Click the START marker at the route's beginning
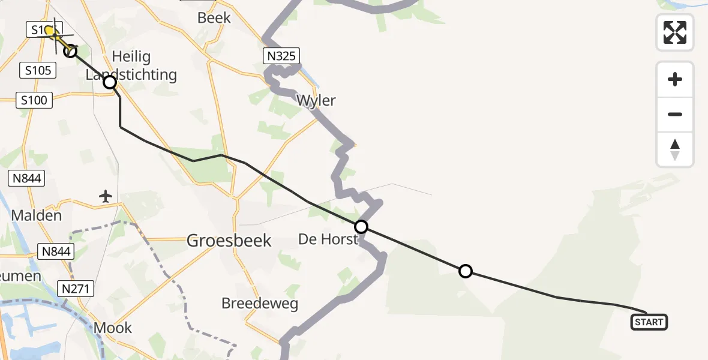[649, 322]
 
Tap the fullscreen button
[675, 32]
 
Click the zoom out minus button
[675, 114]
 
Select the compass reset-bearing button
[675, 149]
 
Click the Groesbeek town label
[229, 241]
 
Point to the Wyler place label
[316, 100]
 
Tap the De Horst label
[328, 240]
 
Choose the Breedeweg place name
[260, 303]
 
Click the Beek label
[214, 18]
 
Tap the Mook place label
[113, 328]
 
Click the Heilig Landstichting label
[132, 66]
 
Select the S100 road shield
[34, 100]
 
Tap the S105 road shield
[37, 71]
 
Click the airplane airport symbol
[106, 196]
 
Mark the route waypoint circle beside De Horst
[361, 227]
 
